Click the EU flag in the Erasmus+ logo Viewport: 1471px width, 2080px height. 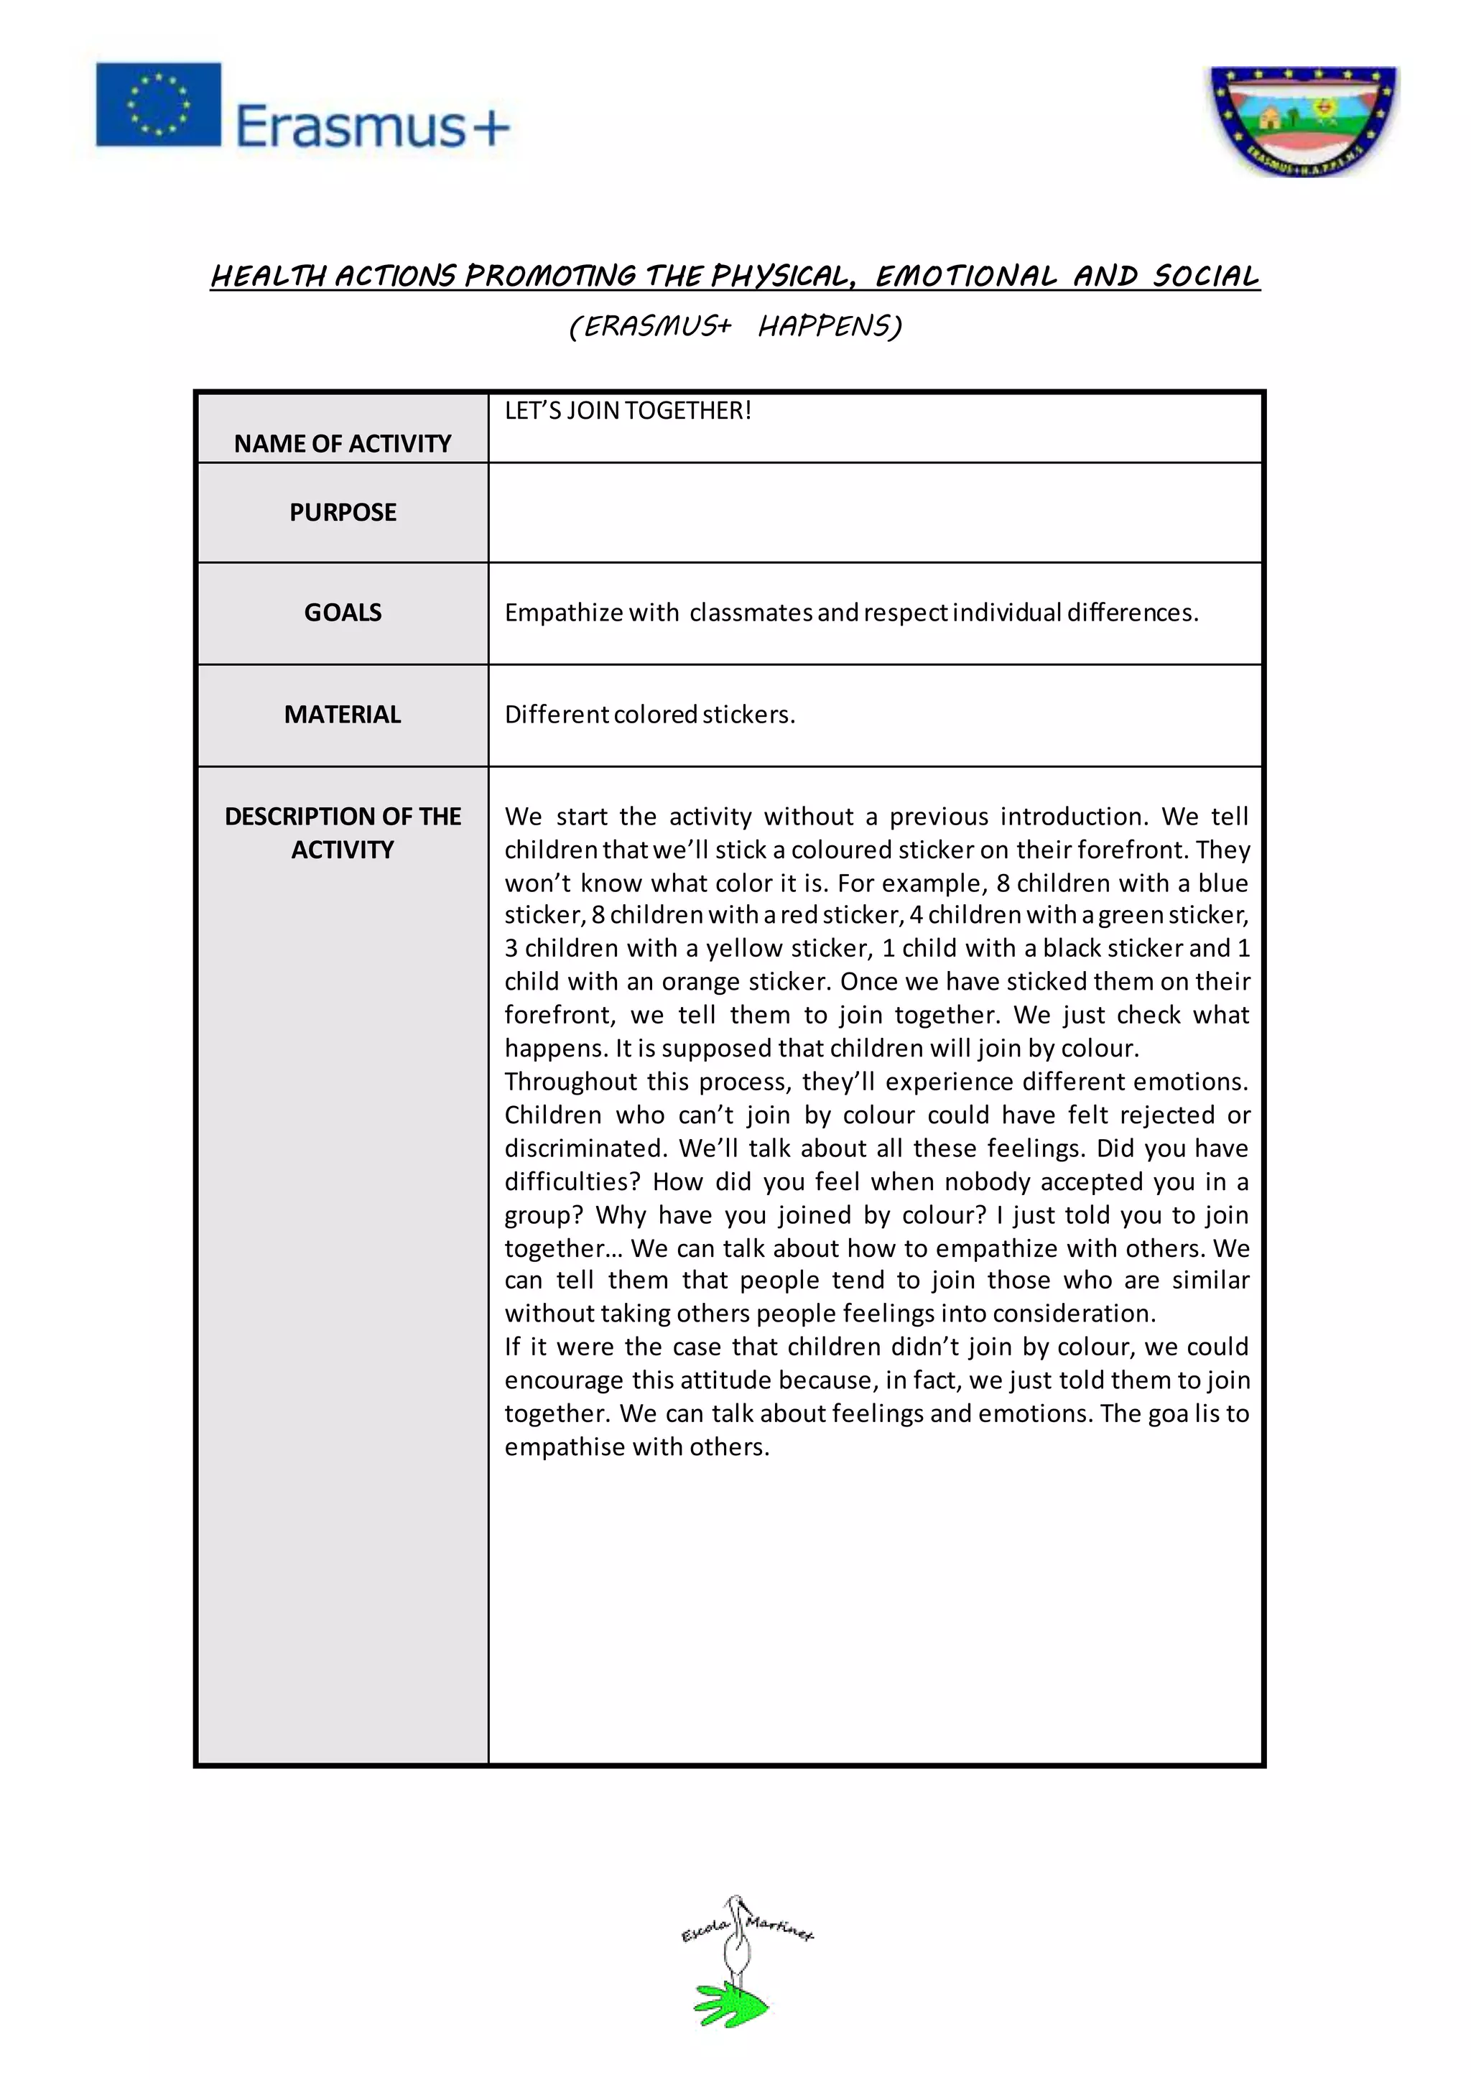click(x=159, y=104)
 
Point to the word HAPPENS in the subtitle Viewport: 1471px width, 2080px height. click(x=830, y=325)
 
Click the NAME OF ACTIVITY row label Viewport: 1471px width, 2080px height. click(x=343, y=443)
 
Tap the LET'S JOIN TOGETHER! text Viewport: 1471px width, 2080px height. click(x=628, y=410)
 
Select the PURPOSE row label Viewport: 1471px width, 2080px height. click(x=343, y=512)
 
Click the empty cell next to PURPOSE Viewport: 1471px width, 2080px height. click(x=874, y=513)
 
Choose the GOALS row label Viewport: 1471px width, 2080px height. click(x=343, y=613)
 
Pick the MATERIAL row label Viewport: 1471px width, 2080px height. click(x=343, y=715)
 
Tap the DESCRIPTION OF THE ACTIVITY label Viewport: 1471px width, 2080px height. click(x=343, y=832)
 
